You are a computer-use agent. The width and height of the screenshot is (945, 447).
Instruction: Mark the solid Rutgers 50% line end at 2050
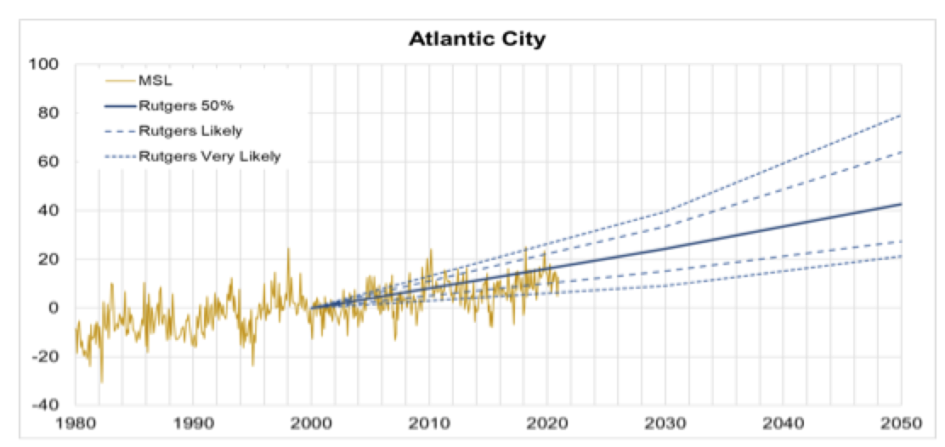(900, 204)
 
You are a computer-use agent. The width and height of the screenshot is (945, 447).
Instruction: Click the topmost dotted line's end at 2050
(900, 115)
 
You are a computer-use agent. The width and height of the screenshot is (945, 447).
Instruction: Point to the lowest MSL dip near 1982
(102, 382)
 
